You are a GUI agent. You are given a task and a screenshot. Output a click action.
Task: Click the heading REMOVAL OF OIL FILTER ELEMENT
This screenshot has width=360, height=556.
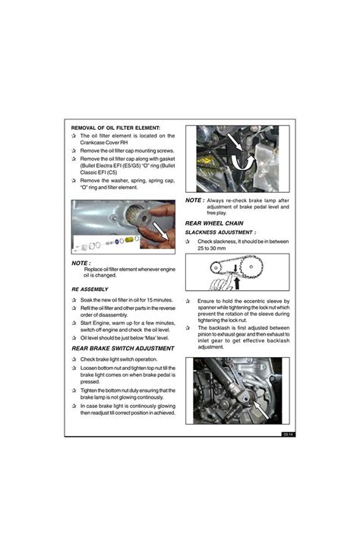coord(115,128)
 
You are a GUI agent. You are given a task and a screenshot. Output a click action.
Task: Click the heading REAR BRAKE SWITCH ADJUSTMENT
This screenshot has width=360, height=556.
coord(123,349)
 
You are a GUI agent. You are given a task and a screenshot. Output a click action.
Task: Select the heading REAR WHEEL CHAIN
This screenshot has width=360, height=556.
coord(214,223)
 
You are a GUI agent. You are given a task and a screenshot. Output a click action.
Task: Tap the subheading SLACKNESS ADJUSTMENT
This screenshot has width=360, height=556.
coord(220,232)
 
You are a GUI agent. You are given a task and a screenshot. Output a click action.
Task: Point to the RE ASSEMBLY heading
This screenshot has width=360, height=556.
coord(90,289)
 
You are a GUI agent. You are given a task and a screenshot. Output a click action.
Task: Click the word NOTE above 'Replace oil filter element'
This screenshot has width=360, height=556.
coord(81,263)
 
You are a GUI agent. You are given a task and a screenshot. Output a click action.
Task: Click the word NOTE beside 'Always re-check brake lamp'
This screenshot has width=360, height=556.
coord(194,201)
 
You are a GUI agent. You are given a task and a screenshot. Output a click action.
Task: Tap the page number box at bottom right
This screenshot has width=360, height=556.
coord(289,434)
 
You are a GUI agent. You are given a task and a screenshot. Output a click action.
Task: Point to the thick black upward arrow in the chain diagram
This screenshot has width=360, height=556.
coord(237,283)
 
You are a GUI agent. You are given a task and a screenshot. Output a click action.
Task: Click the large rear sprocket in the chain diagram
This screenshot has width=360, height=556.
coord(251,267)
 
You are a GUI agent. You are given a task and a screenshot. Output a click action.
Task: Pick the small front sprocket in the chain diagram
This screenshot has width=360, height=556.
coord(215,267)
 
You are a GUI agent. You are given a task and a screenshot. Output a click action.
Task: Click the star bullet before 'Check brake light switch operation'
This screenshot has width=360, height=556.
coord(74,359)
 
